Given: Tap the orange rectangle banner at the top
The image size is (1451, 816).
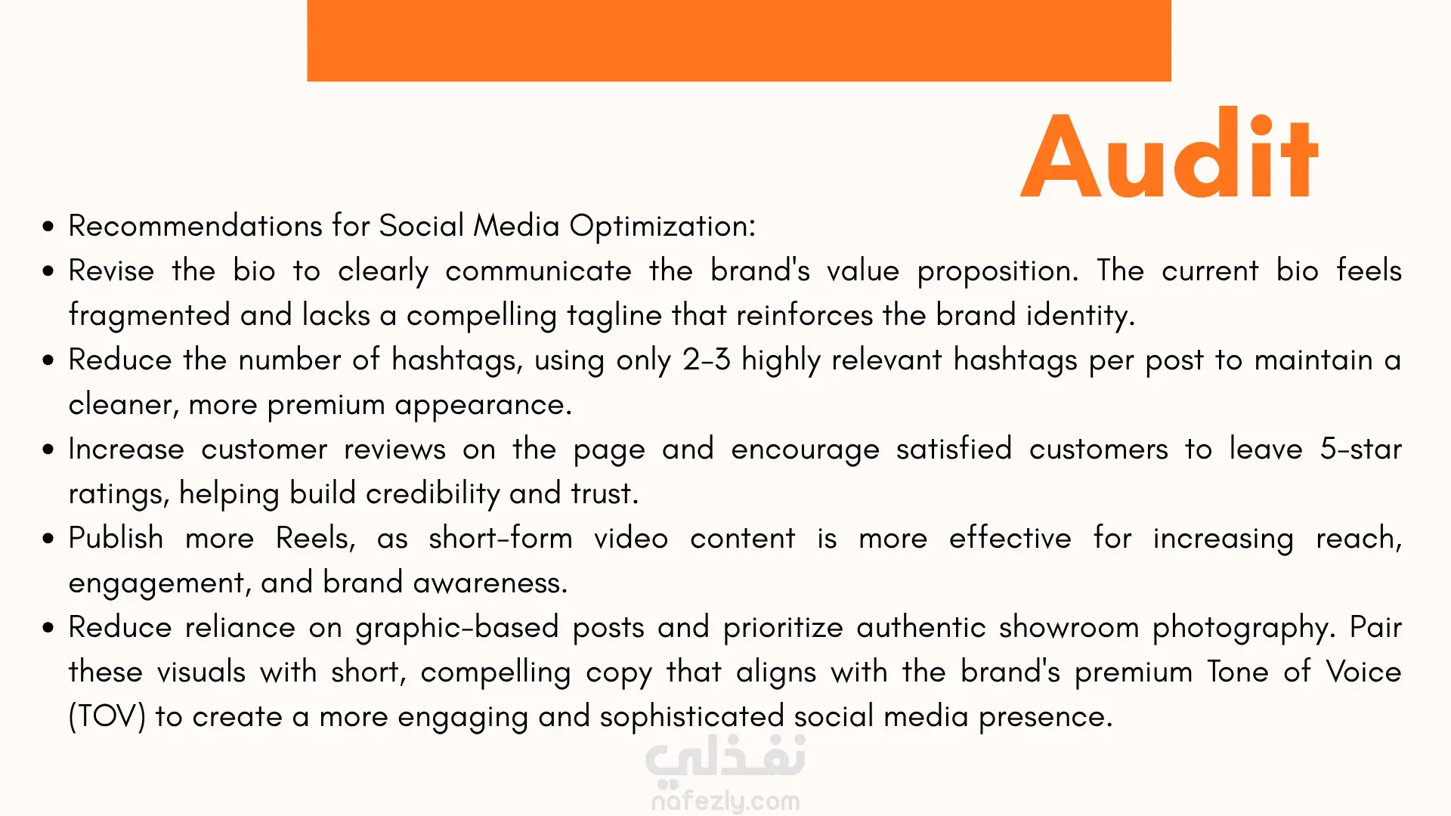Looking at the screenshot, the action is [x=738, y=41].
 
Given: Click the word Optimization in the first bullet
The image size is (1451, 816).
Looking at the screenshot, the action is [x=662, y=227].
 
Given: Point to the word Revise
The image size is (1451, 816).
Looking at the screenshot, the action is [x=111, y=270].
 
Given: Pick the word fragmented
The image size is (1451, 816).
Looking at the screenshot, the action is [x=150, y=316].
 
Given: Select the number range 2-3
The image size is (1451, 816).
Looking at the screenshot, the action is [x=707, y=360].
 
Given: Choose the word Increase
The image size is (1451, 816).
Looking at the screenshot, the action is [x=126, y=449].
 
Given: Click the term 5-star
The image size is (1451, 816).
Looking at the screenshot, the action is [x=1360, y=449].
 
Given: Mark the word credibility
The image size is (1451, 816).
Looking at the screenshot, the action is [x=433, y=494].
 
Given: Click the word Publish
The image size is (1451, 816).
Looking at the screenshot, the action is [x=116, y=538].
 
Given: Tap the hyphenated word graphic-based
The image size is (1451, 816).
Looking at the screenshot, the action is [x=457, y=628].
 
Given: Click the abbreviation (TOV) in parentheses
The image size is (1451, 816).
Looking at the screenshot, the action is [x=107, y=717].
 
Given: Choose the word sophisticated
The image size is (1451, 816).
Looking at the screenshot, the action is [x=691, y=717].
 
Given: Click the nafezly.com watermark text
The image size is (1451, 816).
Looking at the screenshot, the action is [x=725, y=801].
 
